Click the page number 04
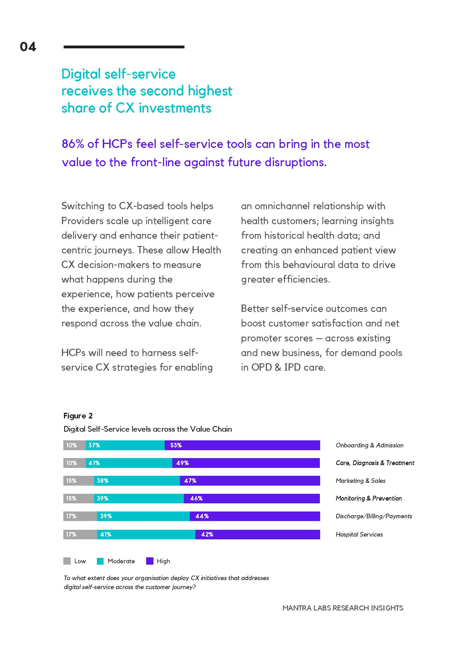click(28, 47)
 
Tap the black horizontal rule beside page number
click(124, 47)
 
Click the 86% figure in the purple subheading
click(73, 144)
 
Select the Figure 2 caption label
click(78, 416)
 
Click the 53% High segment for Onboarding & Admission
click(242, 445)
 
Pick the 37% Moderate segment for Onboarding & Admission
click(125, 445)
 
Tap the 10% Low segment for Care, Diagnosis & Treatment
click(74, 463)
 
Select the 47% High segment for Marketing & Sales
click(250, 481)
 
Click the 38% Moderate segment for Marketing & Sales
click(137, 481)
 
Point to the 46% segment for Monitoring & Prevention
click(252, 499)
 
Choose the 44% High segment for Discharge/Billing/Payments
click(255, 517)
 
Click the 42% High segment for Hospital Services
click(257, 535)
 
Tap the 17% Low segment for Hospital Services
click(80, 535)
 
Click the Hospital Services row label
click(359, 535)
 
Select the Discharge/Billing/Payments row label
click(374, 517)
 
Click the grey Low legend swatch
click(67, 561)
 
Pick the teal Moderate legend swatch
click(100, 561)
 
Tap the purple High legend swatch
click(150, 561)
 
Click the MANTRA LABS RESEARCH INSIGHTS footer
click(343, 608)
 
